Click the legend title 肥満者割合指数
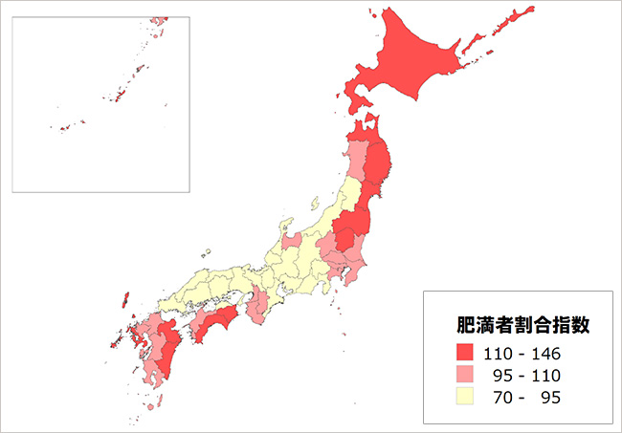tap(521, 324)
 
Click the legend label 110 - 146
tap(522, 354)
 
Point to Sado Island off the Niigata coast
tap(315, 204)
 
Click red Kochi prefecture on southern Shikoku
tap(214, 323)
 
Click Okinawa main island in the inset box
tap(121, 97)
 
